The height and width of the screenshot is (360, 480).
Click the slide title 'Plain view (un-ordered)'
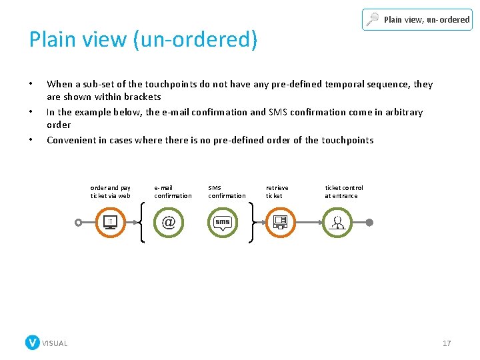pos(143,39)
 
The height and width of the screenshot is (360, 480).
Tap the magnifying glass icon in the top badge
pos(373,20)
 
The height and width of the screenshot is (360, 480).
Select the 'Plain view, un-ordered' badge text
pos(427,20)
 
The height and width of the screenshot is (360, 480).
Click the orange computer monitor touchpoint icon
pos(111,222)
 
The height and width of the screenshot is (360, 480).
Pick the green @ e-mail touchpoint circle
pos(168,222)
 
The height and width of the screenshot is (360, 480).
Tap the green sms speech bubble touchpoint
pos(223,222)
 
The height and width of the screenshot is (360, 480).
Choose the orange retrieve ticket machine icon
pos(280,222)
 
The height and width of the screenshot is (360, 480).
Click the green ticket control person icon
pos(337,222)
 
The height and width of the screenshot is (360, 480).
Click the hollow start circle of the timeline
pos(79,222)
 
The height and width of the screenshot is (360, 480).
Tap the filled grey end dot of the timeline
pos(370,222)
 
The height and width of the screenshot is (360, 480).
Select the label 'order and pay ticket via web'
pos(111,192)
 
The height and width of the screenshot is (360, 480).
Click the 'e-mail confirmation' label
pos(173,192)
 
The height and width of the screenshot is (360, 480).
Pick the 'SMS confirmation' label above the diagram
pos(227,192)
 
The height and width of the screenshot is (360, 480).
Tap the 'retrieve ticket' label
pos(277,192)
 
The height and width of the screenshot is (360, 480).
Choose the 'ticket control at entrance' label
pos(344,192)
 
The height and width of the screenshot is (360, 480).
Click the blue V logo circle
pos(32,343)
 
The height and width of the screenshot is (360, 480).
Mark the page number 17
pos(447,343)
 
